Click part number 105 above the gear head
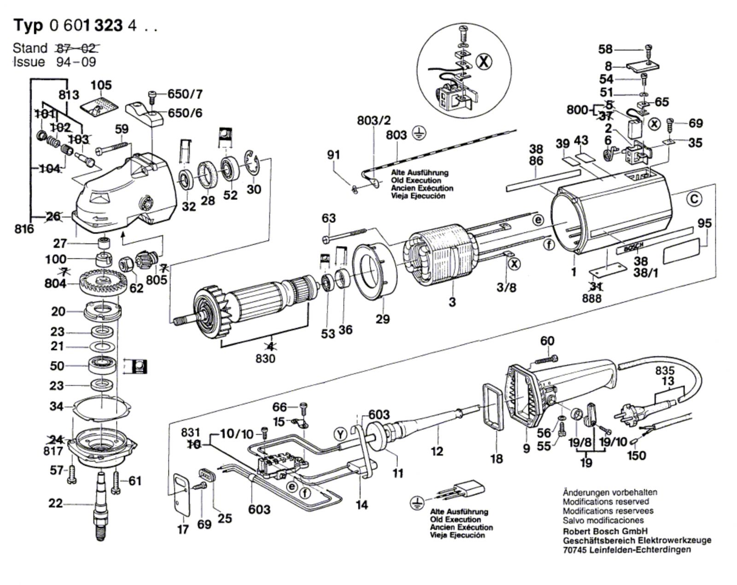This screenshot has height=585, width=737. (102, 86)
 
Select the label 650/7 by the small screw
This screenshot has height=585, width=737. (185, 94)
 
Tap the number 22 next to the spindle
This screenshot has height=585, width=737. (55, 503)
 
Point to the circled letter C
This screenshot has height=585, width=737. (695, 199)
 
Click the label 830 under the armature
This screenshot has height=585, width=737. (265, 359)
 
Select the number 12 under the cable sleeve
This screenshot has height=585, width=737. (437, 451)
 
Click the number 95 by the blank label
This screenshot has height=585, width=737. (705, 223)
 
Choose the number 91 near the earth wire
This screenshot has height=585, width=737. (333, 155)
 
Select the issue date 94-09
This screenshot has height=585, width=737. (76, 62)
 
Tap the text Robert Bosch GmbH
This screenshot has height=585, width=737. (605, 531)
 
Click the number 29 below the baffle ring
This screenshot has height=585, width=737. (382, 319)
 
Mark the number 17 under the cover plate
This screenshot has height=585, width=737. (183, 530)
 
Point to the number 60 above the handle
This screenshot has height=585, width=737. (547, 341)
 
